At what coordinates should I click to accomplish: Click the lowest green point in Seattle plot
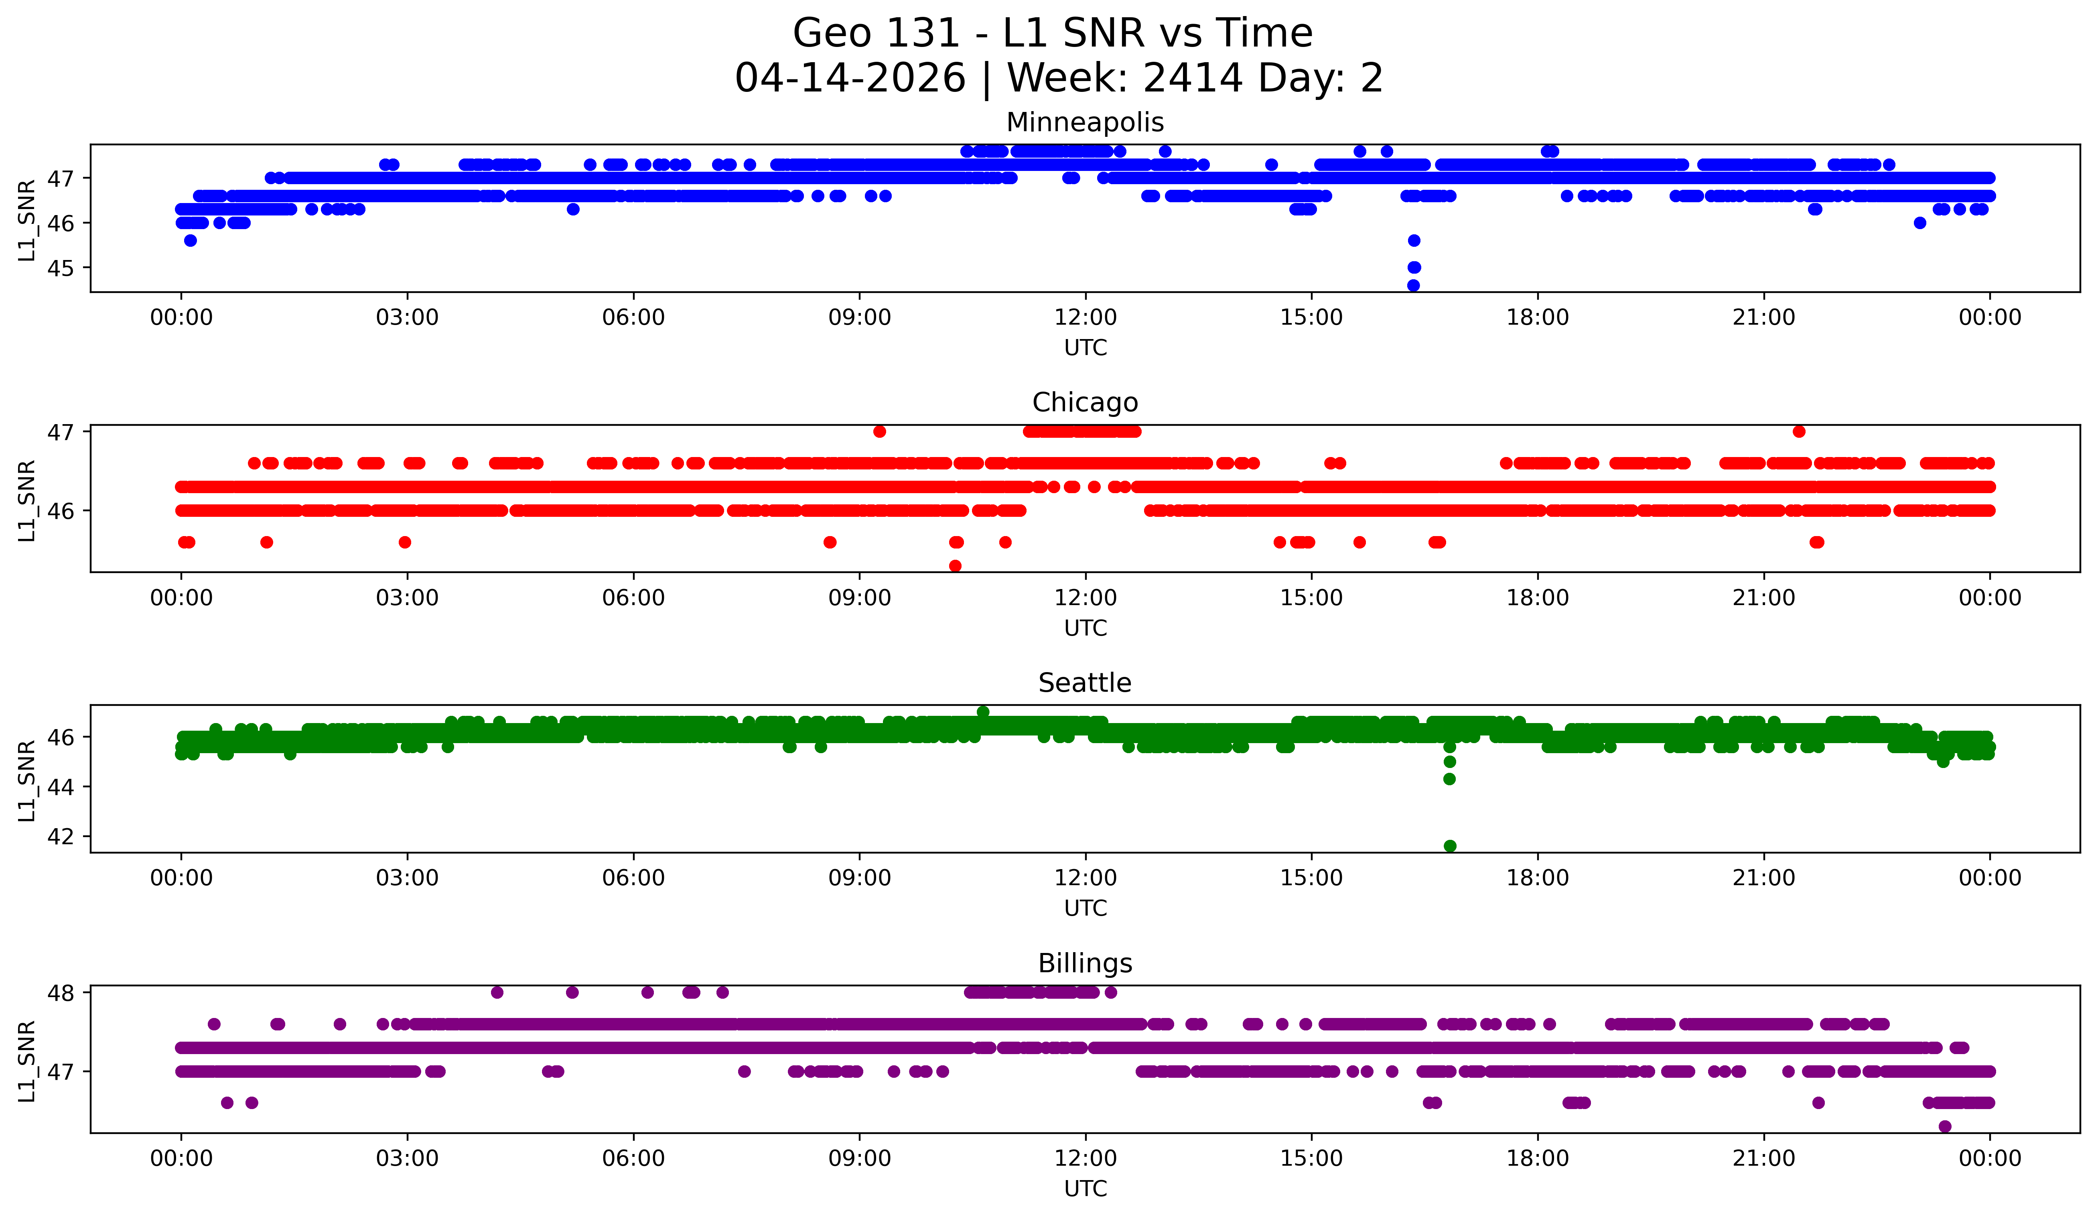pyautogui.click(x=1450, y=846)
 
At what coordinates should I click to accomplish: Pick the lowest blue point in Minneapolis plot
pyautogui.click(x=1413, y=285)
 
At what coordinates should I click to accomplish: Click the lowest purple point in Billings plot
pyautogui.click(x=1945, y=1126)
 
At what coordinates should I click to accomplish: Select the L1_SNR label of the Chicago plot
pyautogui.click(x=26, y=501)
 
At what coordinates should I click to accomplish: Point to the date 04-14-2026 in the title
pyautogui.click(x=850, y=78)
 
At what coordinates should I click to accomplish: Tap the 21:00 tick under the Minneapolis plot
pyautogui.click(x=1763, y=317)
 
